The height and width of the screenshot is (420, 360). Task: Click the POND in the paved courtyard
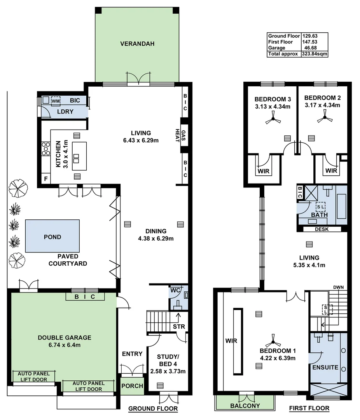click(52, 237)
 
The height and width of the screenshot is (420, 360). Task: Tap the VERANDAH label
click(137, 44)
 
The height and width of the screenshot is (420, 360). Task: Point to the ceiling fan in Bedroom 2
click(325, 119)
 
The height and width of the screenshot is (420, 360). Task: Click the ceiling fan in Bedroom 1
click(272, 343)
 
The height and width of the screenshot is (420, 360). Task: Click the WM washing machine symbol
click(56, 101)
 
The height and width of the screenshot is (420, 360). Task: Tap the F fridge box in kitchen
click(46, 179)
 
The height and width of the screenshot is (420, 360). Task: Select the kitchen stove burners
click(46, 148)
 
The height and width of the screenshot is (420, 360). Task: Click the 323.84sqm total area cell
click(314, 54)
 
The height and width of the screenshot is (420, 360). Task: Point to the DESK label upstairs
click(322, 229)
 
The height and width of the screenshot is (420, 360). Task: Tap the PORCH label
click(132, 386)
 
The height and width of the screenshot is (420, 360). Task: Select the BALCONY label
click(245, 406)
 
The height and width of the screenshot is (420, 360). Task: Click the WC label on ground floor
click(174, 290)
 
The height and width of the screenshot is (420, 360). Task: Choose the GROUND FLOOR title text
click(153, 409)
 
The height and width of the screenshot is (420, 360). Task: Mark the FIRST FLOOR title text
click(309, 408)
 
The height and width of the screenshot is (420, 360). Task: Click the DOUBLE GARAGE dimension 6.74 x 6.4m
click(65, 345)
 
